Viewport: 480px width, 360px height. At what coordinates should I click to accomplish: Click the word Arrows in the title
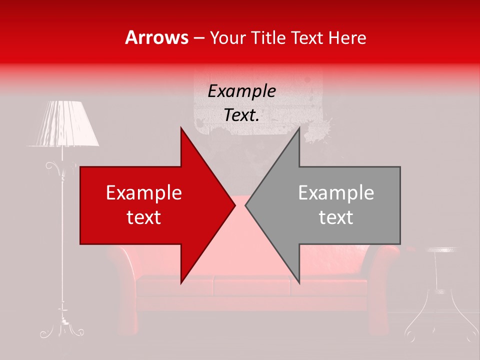156,38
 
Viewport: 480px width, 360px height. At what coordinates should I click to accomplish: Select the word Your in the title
227,38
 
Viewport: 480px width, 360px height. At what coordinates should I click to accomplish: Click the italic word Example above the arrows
241,92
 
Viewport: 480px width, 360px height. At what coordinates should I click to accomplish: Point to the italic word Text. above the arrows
241,115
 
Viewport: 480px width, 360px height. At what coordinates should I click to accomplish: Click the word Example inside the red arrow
144,193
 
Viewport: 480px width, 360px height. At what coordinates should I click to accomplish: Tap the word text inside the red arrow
144,217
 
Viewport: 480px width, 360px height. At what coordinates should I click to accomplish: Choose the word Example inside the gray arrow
336,193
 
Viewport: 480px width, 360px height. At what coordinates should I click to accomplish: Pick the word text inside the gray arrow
336,217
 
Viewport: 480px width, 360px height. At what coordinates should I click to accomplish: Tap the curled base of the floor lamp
62,330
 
